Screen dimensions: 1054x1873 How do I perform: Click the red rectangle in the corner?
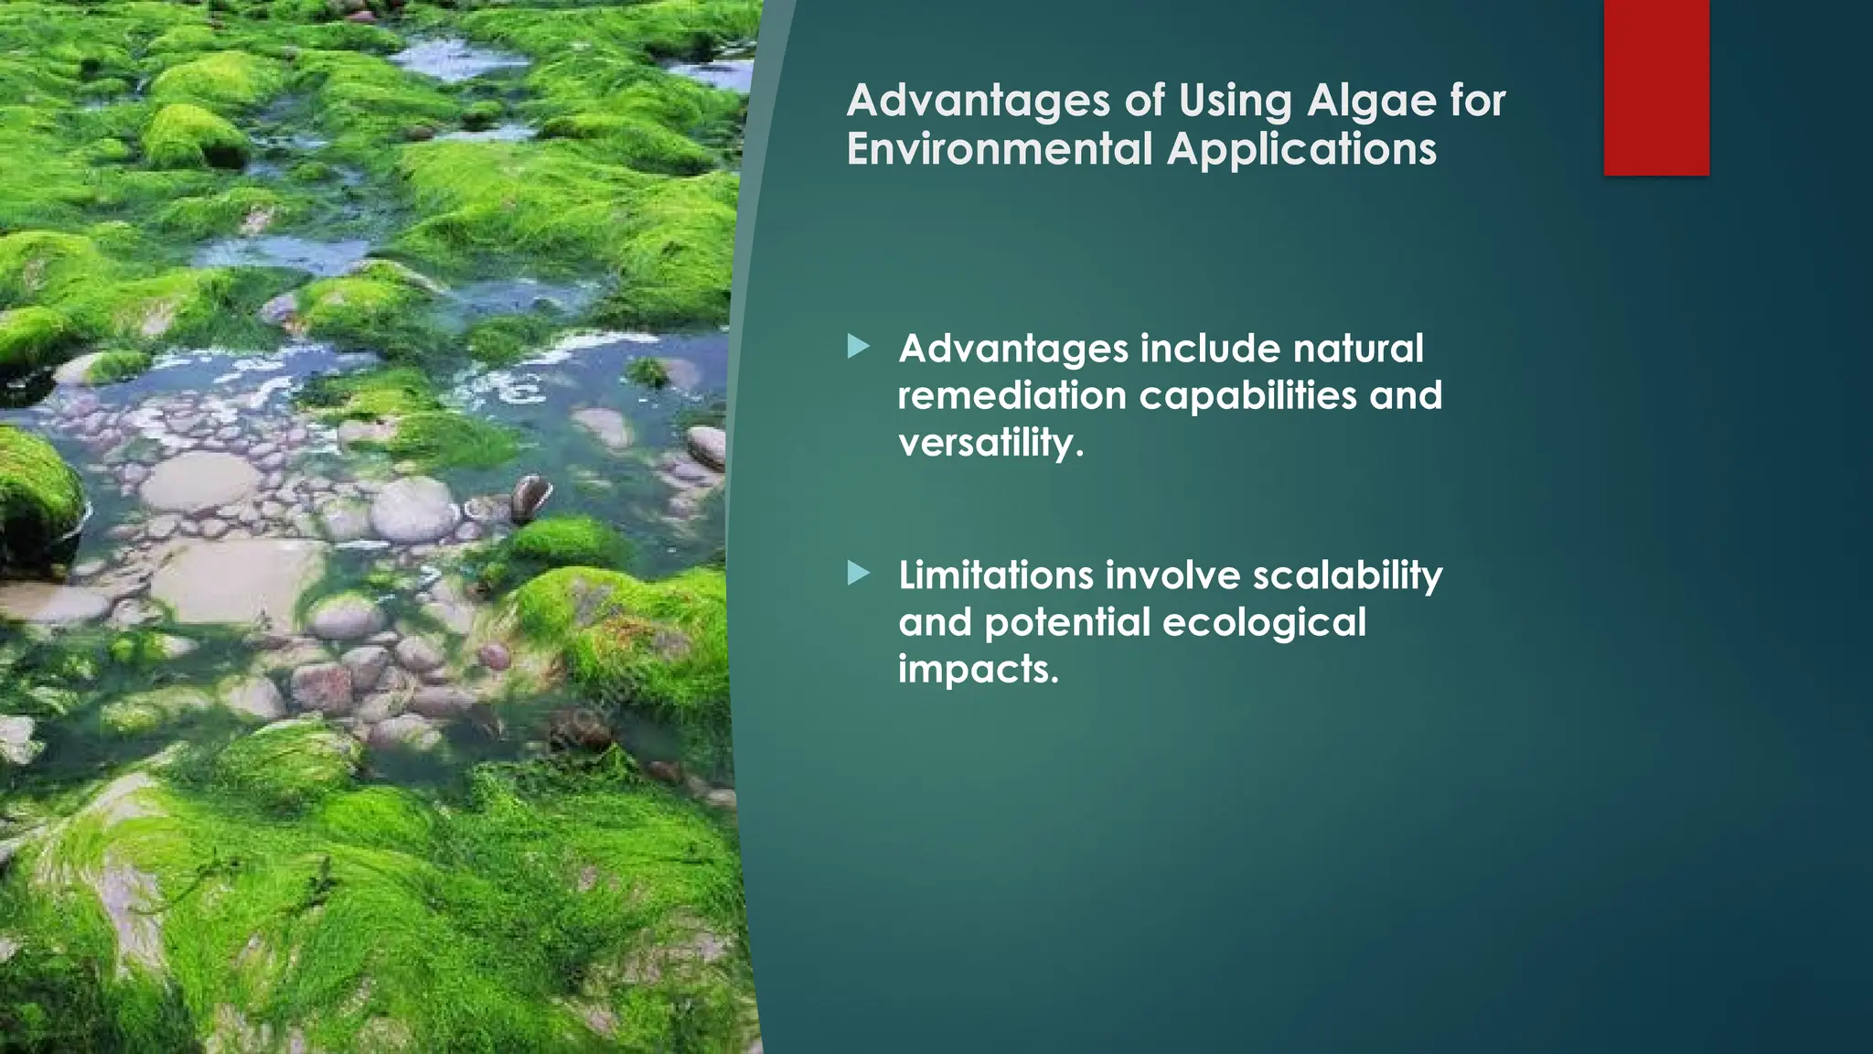tap(1656, 87)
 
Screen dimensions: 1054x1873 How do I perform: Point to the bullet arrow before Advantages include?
tap(858, 347)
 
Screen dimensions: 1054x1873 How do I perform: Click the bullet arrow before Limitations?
tap(858, 574)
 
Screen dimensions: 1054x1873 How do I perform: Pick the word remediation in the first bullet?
tap(1011, 395)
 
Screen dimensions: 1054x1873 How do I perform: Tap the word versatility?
tap(990, 443)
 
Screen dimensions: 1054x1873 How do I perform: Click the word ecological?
tap(1264, 622)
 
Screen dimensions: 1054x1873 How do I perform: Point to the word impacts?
tap(977, 670)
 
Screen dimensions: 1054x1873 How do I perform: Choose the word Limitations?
tap(996, 575)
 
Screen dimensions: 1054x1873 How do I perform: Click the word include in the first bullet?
tap(1209, 349)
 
